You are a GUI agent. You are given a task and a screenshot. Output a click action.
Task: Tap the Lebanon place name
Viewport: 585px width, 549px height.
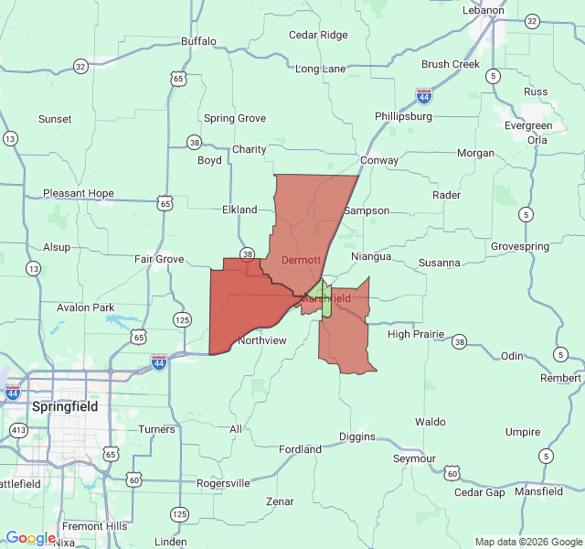[x=483, y=10]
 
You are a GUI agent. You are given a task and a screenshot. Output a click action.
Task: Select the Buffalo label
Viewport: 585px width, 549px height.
[x=198, y=41]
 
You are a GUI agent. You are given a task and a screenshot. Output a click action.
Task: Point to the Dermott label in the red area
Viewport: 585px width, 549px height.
[x=301, y=260]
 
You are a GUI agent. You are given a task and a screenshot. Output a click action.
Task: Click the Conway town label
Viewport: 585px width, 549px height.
[x=379, y=160]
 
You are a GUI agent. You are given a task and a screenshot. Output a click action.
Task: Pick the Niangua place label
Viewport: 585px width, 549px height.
[x=371, y=256]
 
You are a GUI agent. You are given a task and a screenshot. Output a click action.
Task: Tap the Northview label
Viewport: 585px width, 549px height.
[x=262, y=340]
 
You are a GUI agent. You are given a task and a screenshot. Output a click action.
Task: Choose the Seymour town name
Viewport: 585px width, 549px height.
[x=414, y=457]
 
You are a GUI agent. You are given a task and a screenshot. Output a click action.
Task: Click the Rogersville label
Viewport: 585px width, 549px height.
[x=223, y=483]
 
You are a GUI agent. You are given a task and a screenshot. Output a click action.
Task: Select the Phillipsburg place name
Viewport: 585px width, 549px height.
[x=403, y=116]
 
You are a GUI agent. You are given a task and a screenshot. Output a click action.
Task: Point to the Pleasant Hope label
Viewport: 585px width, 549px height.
[x=79, y=193]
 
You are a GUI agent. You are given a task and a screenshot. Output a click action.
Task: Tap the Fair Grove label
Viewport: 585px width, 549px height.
[x=159, y=259]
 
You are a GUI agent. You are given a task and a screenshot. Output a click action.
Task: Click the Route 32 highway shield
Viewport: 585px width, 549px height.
[x=80, y=66]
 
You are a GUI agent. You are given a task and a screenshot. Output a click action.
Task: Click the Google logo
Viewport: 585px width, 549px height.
[x=30, y=538]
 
